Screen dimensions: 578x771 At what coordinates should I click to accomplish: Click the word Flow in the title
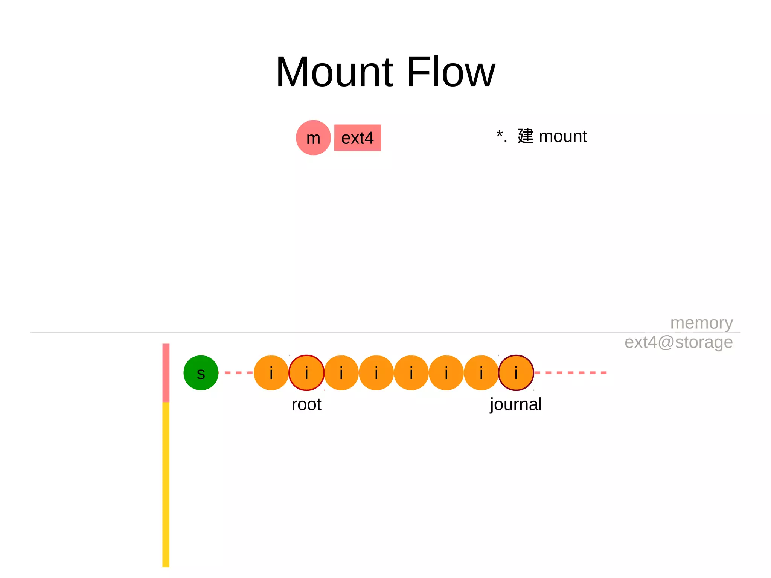pos(451,72)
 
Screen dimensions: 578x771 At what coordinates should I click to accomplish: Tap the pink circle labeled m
pos(313,138)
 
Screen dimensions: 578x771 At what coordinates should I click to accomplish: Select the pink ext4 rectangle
pos(357,138)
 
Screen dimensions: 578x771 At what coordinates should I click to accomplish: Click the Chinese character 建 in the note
pos(526,136)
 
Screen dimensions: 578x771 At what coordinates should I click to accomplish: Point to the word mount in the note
pos(563,136)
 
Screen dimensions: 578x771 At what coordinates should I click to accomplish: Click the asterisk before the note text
pos(500,134)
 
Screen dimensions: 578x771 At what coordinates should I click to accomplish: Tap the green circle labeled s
pos(201,373)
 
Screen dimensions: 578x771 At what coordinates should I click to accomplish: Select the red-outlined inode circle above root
pos(306,373)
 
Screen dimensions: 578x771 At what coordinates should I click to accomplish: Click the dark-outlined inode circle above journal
pos(516,373)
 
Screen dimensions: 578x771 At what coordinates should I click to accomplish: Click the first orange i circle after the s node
pos(271,373)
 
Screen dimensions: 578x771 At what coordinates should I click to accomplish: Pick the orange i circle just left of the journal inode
pos(481,373)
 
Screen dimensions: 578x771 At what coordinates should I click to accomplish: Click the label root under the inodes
pos(306,404)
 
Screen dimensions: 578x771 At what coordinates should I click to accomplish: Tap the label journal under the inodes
pos(516,404)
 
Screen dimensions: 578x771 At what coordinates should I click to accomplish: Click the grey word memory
pos(701,323)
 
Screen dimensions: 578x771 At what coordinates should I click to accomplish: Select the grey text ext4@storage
pos(678,342)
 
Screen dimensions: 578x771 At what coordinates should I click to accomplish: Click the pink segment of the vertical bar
pos(166,372)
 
